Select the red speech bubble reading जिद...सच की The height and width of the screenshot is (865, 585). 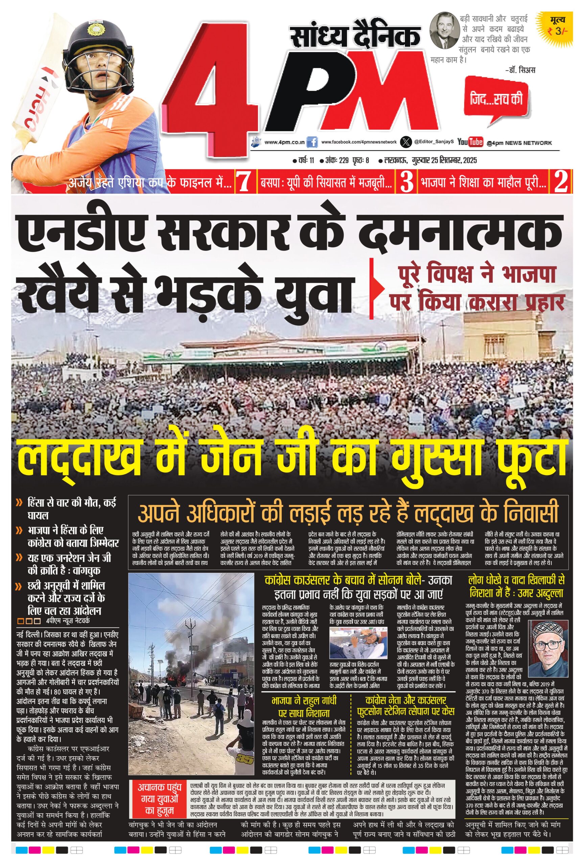click(496, 100)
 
